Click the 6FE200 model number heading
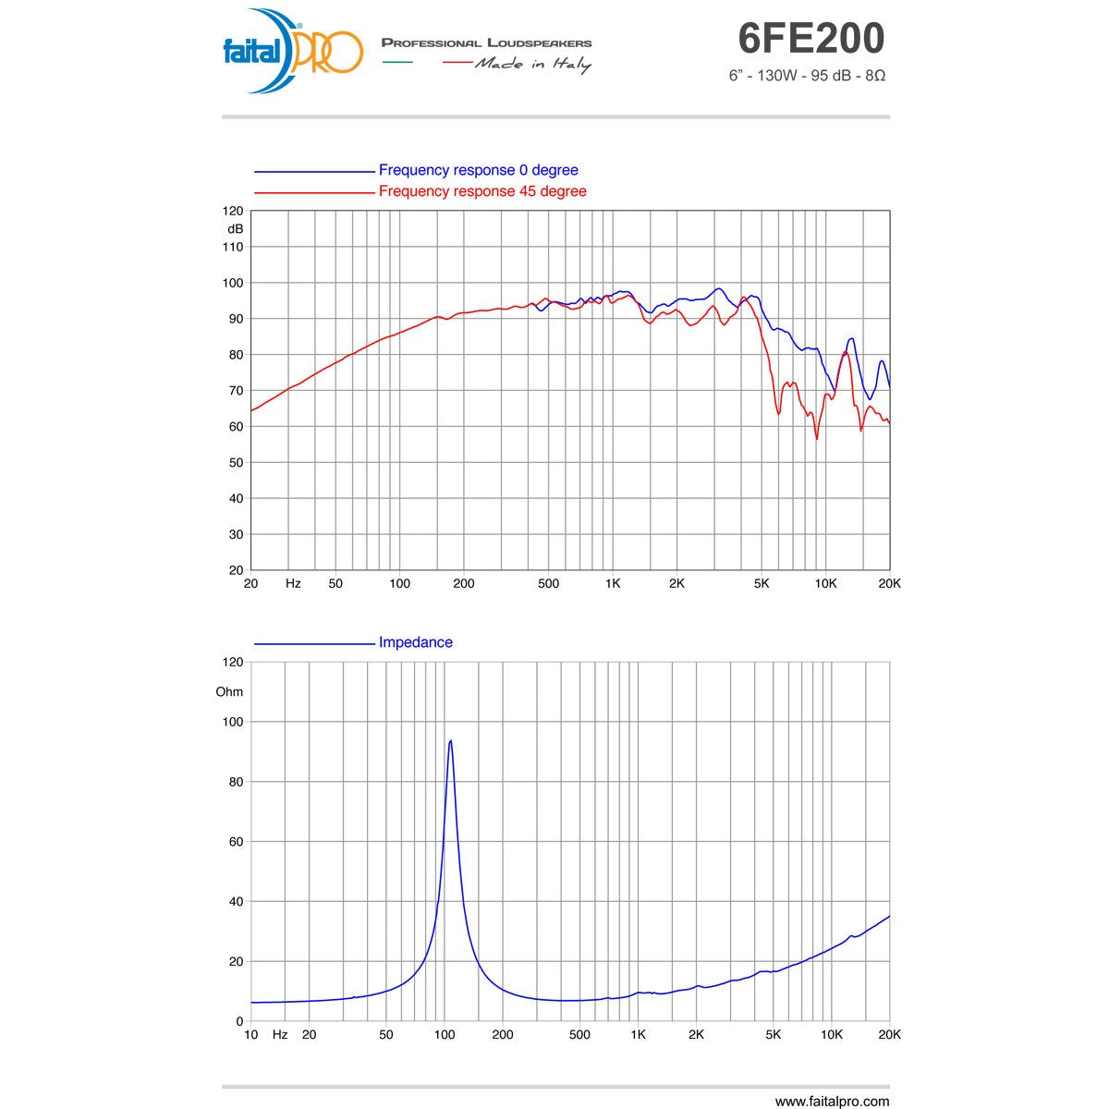[810, 39]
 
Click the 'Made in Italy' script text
[533, 64]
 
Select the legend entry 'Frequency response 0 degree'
[478, 170]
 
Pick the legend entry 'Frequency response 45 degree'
[481, 191]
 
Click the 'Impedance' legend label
[415, 642]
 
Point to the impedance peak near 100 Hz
[450, 741]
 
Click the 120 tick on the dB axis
[234, 211]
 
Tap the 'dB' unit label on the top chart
[235, 228]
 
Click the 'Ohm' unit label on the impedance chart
[229, 691]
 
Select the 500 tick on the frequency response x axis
[548, 583]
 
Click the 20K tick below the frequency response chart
[888, 583]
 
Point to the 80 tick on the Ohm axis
[235, 782]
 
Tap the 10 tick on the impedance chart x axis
[250, 1034]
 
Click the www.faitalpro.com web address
[832, 1101]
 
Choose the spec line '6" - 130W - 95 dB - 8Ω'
[807, 76]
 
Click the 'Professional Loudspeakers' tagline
[486, 43]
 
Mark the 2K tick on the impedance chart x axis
[696, 1034]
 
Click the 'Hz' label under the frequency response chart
[293, 583]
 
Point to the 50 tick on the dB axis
[235, 462]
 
